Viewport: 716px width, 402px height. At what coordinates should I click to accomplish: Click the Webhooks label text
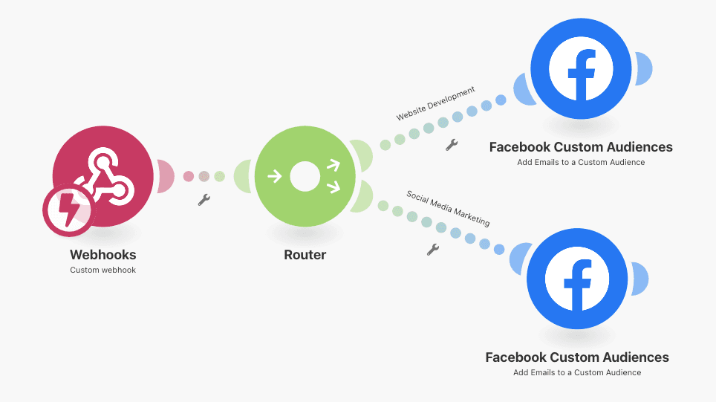[x=103, y=255]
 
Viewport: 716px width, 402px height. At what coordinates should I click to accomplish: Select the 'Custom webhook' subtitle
[x=103, y=270]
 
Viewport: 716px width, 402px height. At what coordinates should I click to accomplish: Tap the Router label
[x=305, y=255]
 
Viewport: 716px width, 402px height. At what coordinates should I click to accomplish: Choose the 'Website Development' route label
[x=435, y=104]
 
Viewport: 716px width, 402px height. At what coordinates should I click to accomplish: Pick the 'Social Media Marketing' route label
[x=447, y=208]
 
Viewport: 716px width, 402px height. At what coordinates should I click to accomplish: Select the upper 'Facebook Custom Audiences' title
[x=581, y=147]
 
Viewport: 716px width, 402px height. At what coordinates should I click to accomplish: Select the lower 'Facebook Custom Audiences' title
[x=577, y=357]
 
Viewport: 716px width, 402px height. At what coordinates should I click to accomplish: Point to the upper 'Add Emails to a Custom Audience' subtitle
[x=581, y=162]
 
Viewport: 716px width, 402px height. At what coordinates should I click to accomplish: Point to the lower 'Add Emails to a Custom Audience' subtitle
[x=577, y=372]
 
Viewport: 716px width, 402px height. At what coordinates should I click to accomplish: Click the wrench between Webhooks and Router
[x=204, y=199]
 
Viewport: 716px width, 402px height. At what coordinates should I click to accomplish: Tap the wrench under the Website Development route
[x=452, y=145]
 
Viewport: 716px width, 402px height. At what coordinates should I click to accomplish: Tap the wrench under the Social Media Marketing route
[x=433, y=249]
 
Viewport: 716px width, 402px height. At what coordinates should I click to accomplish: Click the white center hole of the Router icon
[x=305, y=177]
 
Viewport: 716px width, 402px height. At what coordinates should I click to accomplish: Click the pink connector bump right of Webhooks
[x=166, y=177]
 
